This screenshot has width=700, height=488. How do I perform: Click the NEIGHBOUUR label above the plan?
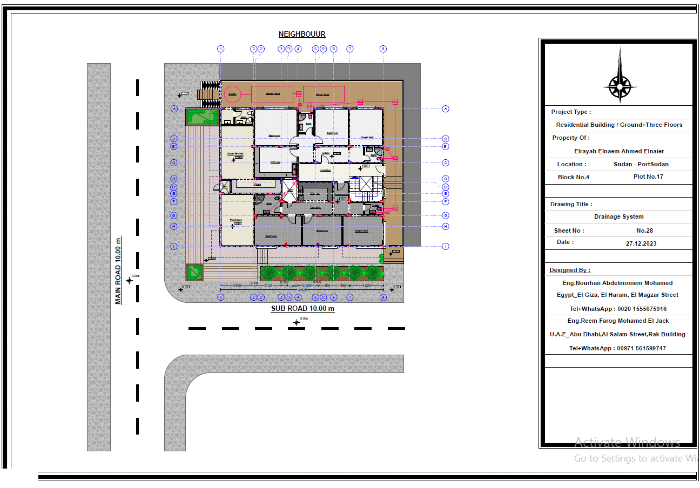302,35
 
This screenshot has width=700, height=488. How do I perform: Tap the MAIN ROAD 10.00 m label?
118,270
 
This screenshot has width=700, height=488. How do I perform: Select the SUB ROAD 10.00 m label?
302,309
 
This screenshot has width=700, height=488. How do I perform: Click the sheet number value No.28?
644,231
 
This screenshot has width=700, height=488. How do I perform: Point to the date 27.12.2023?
641,243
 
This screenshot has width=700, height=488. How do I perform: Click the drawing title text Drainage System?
619,216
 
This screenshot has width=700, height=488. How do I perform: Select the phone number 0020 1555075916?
618,309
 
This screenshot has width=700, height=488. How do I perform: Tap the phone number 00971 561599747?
617,349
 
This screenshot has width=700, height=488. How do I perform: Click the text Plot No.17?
648,177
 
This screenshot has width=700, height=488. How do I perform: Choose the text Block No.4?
574,177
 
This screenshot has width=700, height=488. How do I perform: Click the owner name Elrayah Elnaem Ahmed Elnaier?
619,151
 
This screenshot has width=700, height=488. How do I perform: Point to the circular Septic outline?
233,94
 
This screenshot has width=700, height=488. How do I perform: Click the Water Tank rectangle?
323,94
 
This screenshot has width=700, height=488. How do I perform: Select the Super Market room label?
236,154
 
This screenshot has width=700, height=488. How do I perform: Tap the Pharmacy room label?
236,220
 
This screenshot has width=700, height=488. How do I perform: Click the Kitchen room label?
275,162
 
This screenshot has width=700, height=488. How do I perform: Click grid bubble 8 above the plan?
383,49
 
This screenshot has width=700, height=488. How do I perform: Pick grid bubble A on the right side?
446,109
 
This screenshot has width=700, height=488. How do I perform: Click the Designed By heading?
570,270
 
